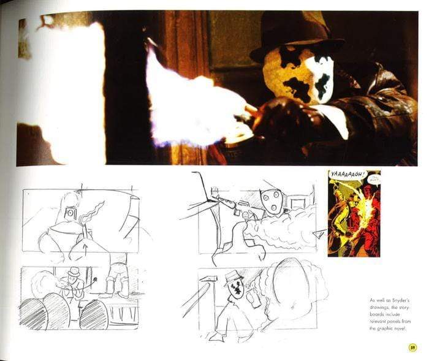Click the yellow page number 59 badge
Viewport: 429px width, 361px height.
pyautogui.click(x=412, y=348)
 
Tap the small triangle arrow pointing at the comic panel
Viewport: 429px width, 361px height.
pyautogui.click(x=319, y=233)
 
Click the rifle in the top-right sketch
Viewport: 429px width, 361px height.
pyautogui.click(x=227, y=202)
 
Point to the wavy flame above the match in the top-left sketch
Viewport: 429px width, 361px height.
pyautogui.click(x=93, y=214)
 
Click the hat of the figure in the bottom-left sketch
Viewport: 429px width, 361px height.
pyautogui.click(x=74, y=271)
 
